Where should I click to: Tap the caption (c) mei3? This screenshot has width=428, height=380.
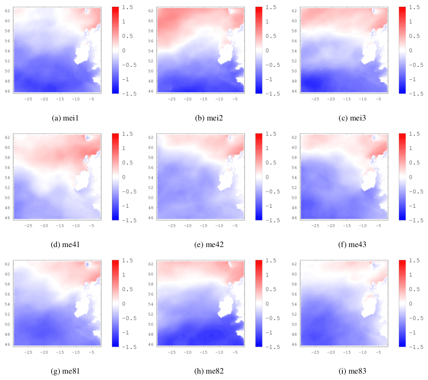352,118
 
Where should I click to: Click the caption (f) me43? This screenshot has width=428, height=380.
352,245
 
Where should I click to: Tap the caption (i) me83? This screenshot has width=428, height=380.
352,372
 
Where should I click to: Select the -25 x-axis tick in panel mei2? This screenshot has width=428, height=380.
171,99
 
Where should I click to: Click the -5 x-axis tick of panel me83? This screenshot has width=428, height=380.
378,353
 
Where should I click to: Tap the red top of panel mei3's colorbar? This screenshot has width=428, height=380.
403,9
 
